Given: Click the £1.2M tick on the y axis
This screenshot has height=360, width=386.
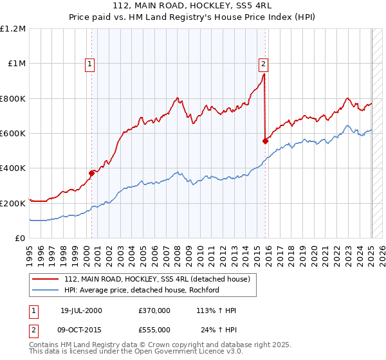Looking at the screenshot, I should click(x=13, y=28).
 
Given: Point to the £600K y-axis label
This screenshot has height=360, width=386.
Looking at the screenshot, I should click(x=13, y=133).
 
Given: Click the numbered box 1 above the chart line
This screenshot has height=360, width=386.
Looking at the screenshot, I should click(x=89, y=64).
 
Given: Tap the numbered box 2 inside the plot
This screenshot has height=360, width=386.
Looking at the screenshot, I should click(x=264, y=64).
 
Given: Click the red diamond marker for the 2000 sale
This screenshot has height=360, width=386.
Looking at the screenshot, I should click(x=92, y=173).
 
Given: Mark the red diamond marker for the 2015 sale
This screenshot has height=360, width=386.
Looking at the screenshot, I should click(x=265, y=141).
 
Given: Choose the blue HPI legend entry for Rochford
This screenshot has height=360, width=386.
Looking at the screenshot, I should click(x=142, y=290).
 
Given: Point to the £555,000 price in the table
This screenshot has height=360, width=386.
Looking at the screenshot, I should click(x=154, y=329).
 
